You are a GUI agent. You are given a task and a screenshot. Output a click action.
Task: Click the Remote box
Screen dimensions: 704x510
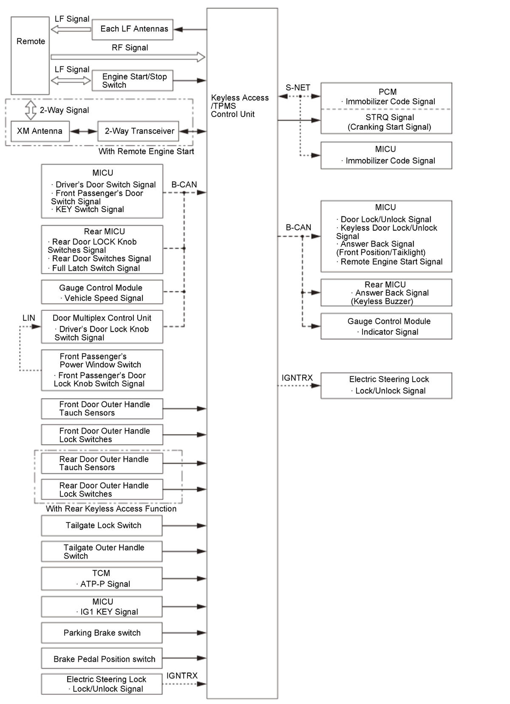(x=30, y=55)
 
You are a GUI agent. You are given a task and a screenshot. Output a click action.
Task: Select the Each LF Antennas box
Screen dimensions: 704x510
(x=132, y=29)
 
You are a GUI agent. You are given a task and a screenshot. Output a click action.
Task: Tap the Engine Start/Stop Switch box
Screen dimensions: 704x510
(x=132, y=80)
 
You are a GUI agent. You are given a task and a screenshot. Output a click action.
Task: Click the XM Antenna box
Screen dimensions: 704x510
(x=40, y=131)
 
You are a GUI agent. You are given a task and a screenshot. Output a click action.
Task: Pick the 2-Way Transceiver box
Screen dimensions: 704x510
(x=138, y=131)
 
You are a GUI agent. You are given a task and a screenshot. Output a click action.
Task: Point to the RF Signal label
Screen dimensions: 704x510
(x=130, y=48)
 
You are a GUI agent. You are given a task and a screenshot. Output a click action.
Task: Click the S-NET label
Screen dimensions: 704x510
(x=297, y=88)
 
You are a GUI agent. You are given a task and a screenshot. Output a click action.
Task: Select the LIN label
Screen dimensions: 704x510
(x=28, y=318)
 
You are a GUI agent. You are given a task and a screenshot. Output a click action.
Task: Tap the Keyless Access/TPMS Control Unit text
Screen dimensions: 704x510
(x=239, y=106)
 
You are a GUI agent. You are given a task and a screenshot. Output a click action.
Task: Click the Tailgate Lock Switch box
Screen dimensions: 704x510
(x=102, y=525)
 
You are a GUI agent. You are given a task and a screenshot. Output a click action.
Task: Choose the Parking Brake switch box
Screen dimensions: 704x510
(x=102, y=633)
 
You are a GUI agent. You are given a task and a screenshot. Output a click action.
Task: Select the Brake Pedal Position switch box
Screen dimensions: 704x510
(x=102, y=659)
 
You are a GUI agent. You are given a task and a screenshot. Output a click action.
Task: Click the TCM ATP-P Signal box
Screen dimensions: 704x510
(x=102, y=579)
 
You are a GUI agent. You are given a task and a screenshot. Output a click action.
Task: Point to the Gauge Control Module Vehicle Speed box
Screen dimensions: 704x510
(x=102, y=292)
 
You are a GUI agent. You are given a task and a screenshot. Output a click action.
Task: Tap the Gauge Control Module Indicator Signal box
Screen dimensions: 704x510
(x=386, y=326)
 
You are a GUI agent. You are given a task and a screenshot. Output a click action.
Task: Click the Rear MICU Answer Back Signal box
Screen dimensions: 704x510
(x=386, y=292)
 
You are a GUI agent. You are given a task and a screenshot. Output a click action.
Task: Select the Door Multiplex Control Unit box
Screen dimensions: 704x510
(x=102, y=327)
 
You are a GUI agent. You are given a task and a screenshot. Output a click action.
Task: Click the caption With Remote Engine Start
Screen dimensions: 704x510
(x=146, y=151)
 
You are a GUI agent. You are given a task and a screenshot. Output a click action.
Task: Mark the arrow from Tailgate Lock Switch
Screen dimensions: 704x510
(x=184, y=526)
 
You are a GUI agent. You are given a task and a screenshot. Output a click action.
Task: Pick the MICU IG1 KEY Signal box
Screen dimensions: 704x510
(x=102, y=607)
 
